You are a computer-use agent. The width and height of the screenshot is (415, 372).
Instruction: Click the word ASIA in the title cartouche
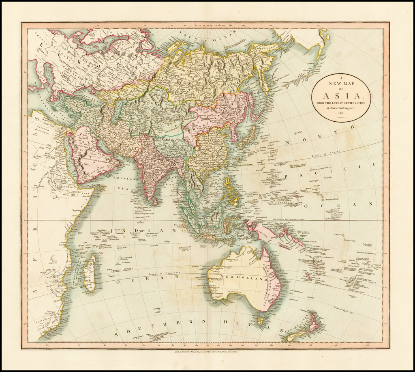(x=340, y=96)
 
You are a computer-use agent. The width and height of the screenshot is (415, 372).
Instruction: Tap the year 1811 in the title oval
(x=340, y=113)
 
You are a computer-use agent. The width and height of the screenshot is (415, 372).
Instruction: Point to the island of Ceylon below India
(x=155, y=200)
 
